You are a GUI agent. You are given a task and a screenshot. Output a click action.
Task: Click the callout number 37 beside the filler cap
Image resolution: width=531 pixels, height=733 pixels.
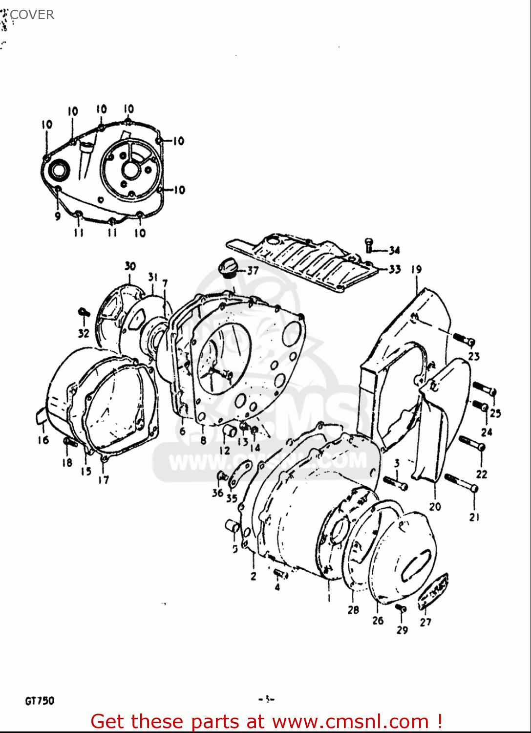(x=253, y=271)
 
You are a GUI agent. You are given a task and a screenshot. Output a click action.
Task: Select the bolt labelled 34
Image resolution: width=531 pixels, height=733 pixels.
(x=369, y=245)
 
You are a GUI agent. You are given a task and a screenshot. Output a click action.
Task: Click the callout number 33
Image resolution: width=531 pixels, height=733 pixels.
(x=394, y=269)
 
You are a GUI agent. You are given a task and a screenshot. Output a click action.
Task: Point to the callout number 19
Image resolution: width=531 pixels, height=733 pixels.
(x=416, y=269)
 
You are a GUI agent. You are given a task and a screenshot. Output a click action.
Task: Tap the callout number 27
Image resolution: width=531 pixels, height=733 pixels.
(x=425, y=622)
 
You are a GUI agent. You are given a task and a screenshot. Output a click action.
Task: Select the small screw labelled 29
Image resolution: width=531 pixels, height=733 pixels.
(x=401, y=608)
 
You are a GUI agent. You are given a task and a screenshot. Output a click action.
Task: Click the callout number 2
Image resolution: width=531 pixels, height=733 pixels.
(x=254, y=576)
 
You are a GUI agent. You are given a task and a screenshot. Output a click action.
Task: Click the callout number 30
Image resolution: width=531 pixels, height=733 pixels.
(x=130, y=266)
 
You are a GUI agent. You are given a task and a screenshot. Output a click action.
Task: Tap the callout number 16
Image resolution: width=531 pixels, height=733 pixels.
(x=43, y=440)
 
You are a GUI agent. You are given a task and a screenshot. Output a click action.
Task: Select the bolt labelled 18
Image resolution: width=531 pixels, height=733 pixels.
(x=70, y=442)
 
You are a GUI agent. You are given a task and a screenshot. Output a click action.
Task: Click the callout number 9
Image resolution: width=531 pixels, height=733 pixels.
(x=58, y=216)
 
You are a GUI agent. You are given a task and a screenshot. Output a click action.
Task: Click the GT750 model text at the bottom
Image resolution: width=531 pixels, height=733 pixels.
(x=40, y=701)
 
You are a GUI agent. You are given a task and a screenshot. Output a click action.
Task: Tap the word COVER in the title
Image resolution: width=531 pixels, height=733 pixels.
(x=32, y=15)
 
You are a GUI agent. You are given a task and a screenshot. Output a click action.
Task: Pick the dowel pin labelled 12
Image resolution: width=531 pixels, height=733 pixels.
(x=230, y=431)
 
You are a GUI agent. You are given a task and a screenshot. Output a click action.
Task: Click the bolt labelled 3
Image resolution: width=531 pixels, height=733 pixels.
(x=396, y=483)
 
